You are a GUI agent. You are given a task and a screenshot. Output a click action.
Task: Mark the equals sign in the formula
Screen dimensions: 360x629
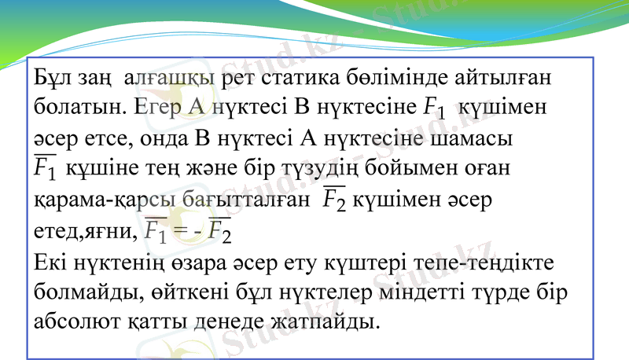point(185,230)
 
